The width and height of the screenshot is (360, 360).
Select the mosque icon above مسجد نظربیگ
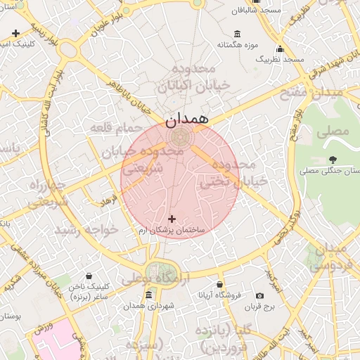tap(280, 49)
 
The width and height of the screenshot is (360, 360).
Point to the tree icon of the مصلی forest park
tap(333, 160)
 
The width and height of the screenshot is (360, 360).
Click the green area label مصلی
tap(333, 131)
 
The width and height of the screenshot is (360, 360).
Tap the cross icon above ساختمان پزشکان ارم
tap(172, 219)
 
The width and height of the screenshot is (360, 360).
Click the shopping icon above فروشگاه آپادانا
tap(220, 285)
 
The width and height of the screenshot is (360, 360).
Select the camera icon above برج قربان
tap(259, 296)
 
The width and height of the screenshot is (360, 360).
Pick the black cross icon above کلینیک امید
tap(15, 33)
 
